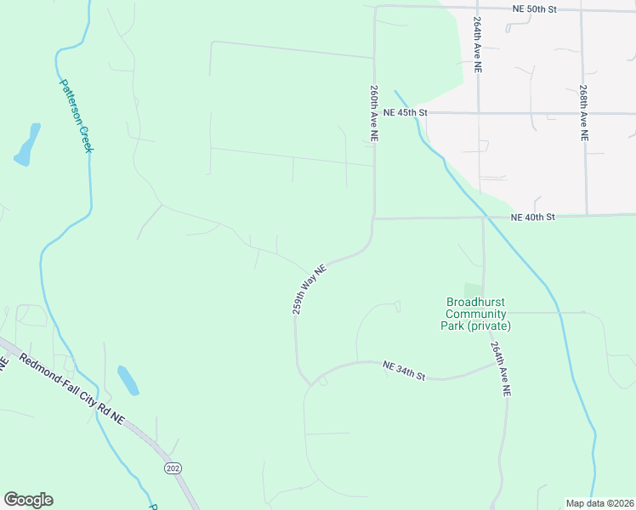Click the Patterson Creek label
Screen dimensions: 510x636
click(x=75, y=116)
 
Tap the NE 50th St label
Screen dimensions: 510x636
click(x=534, y=8)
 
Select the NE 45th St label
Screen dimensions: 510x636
click(x=404, y=112)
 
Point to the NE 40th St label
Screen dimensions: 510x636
click(x=532, y=218)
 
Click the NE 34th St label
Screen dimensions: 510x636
click(x=403, y=370)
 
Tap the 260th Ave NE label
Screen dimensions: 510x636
click(x=373, y=106)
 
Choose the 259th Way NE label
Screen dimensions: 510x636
click(x=309, y=289)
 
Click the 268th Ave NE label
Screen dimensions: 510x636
click(x=584, y=111)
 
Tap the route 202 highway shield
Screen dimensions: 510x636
click(x=173, y=468)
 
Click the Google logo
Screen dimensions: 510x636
click(x=28, y=500)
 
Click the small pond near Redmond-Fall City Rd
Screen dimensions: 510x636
click(x=128, y=380)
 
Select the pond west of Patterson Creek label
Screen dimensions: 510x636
click(x=27, y=144)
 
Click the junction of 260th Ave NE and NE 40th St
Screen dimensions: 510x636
click(x=373, y=218)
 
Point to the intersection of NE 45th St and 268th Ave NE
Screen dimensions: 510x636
click(x=584, y=113)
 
